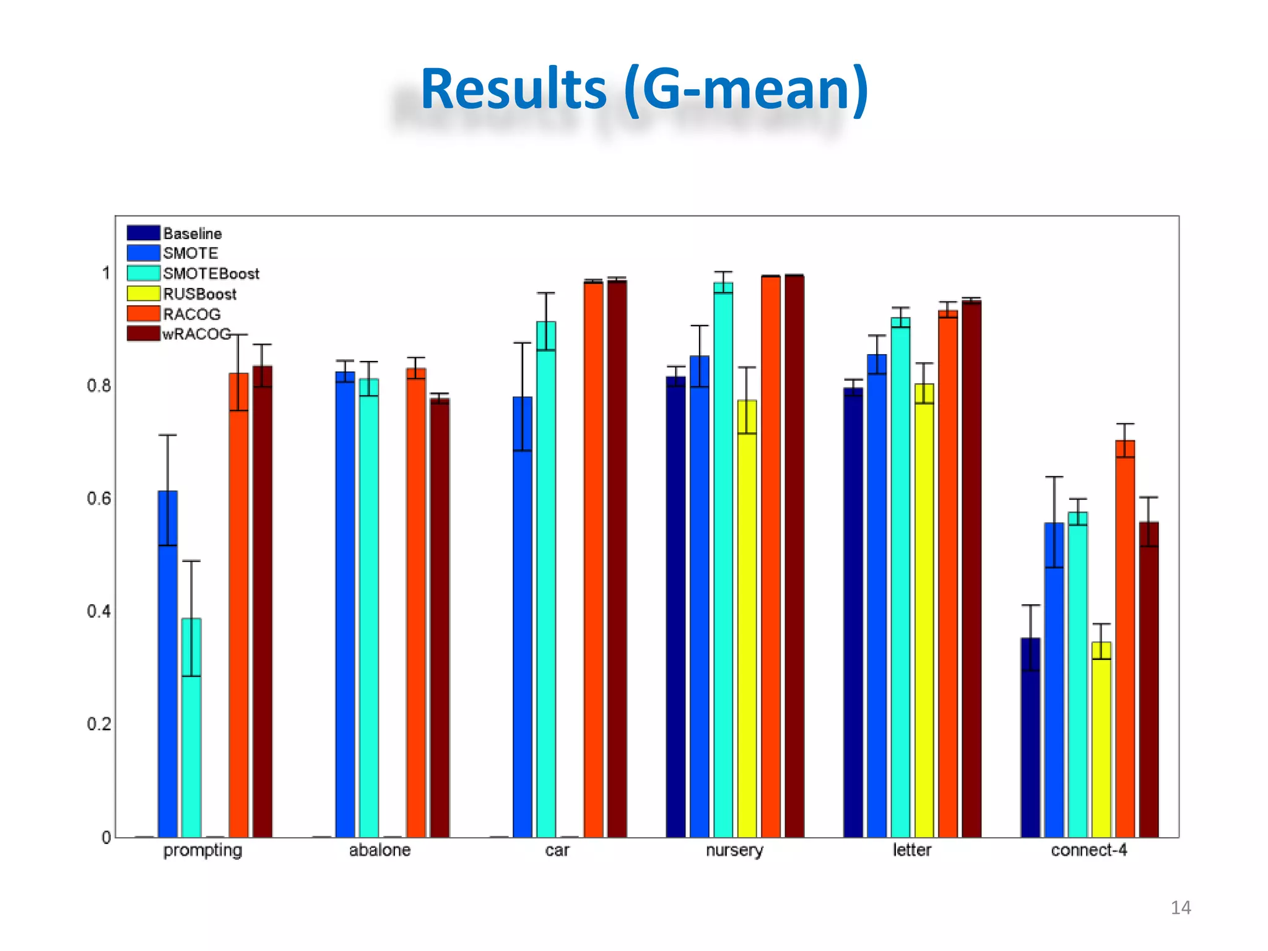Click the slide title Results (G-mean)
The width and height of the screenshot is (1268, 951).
pyautogui.click(x=644, y=90)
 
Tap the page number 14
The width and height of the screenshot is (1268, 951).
pyautogui.click(x=1181, y=908)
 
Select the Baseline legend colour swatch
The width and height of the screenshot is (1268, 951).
pyautogui.click(x=144, y=233)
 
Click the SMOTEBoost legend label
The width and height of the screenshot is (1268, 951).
pyautogui.click(x=211, y=274)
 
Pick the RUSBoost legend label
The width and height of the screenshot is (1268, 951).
pyautogui.click(x=199, y=294)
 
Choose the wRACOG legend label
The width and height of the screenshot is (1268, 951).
pyautogui.click(x=197, y=334)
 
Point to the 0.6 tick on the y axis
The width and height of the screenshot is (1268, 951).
pyautogui.click(x=99, y=498)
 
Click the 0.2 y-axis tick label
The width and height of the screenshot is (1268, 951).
pyautogui.click(x=99, y=724)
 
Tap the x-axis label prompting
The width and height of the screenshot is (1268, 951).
pyautogui.click(x=202, y=850)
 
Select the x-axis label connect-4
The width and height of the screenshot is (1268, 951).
pyautogui.click(x=1088, y=850)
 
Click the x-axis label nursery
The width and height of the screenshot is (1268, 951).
pyautogui.click(x=734, y=850)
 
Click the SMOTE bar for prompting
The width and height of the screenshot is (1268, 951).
pyautogui.click(x=168, y=662)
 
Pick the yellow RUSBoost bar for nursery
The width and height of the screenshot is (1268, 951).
pyautogui.click(x=747, y=619)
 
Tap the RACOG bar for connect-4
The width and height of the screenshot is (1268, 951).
pyautogui.click(x=1125, y=638)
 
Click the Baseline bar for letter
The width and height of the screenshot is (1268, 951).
pyautogui.click(x=853, y=613)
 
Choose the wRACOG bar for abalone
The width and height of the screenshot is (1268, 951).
pyautogui.click(x=440, y=619)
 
